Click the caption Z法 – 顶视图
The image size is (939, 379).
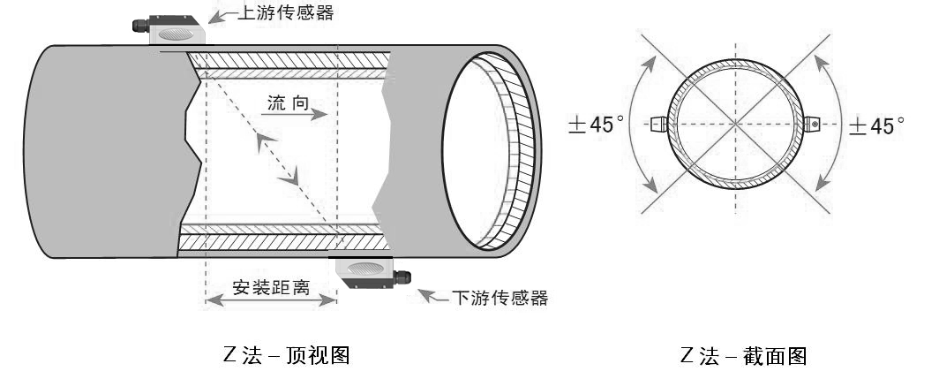(286, 356)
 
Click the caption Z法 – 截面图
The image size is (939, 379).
(743, 356)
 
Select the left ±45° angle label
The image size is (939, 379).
(597, 125)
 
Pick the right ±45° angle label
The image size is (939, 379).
(876, 125)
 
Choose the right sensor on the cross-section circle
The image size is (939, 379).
(812, 125)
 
